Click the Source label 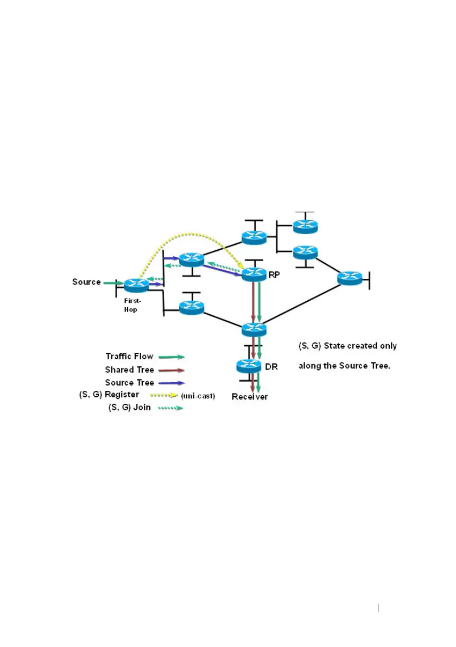(x=86, y=282)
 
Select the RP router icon (x=254, y=274)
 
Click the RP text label (x=274, y=275)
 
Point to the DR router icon (x=250, y=366)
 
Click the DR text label (x=271, y=367)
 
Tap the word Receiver (x=250, y=397)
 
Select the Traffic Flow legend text (x=129, y=357)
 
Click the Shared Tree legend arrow (x=173, y=370)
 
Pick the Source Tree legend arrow (x=173, y=383)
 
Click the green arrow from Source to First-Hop (x=113, y=283)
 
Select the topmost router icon (x=305, y=226)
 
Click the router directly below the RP (x=254, y=328)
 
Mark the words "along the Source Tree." (x=344, y=366)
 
